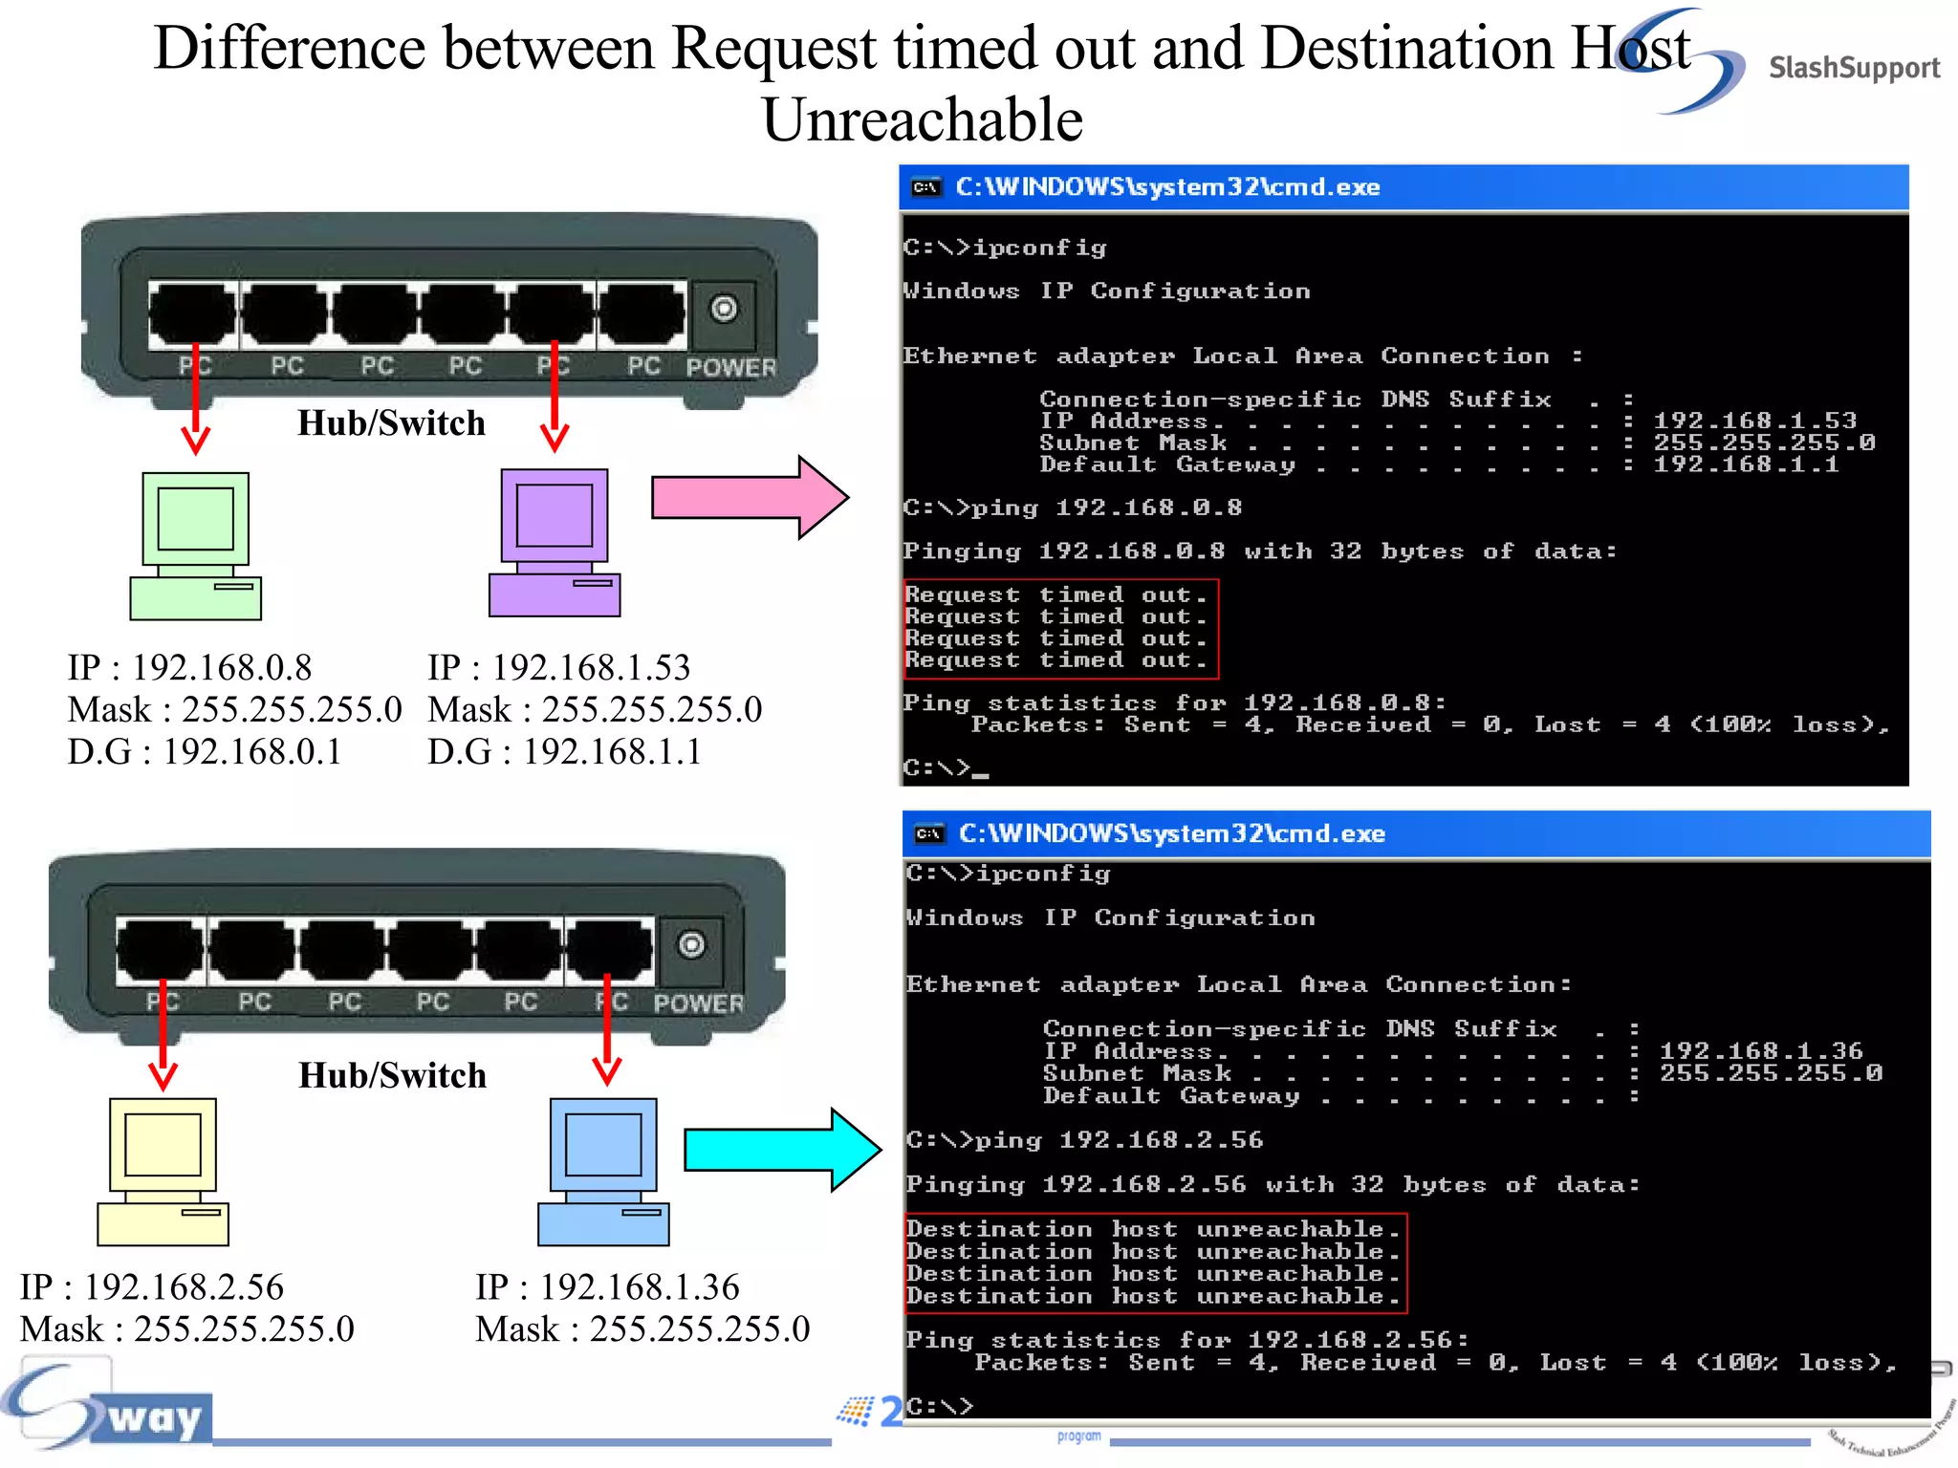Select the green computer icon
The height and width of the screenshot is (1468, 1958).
pos(196,546)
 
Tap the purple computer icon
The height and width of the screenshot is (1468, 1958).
pos(555,542)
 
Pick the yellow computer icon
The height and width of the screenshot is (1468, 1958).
pos(163,1171)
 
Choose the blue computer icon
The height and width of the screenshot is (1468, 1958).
pos(603,1171)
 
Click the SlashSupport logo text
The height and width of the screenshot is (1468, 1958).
pos(1853,68)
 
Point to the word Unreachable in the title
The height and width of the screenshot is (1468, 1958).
pos(922,120)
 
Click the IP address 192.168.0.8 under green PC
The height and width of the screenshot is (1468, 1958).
pos(221,667)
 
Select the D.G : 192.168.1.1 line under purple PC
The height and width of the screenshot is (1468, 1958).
pos(564,752)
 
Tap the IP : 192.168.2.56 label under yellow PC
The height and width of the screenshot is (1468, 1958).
pos(152,1287)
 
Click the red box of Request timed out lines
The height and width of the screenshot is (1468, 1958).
pos(1059,628)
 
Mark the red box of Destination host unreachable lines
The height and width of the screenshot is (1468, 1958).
pos(1155,1263)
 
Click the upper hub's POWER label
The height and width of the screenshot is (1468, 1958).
pos(730,367)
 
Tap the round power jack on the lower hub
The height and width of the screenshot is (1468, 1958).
pos(691,945)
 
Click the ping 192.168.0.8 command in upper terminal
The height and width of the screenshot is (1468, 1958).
pos(1147,507)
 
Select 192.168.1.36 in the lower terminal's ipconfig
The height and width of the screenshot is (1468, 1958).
pos(1761,1051)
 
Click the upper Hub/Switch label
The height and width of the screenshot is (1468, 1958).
pos(391,423)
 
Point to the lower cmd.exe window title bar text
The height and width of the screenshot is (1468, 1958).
pos(1171,833)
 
